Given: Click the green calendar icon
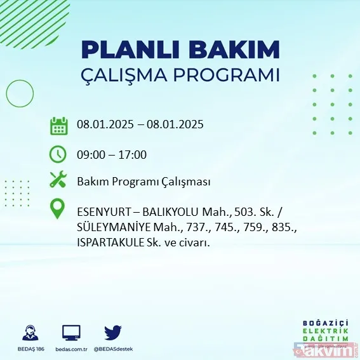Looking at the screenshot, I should [58, 125].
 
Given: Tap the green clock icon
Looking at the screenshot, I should [58, 154].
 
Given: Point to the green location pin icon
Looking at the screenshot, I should [58, 210].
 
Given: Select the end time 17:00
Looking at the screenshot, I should [133, 154].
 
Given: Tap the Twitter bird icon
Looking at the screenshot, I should [113, 332].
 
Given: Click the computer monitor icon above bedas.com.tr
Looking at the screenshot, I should [71, 332].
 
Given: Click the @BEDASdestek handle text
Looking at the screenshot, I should [113, 349].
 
